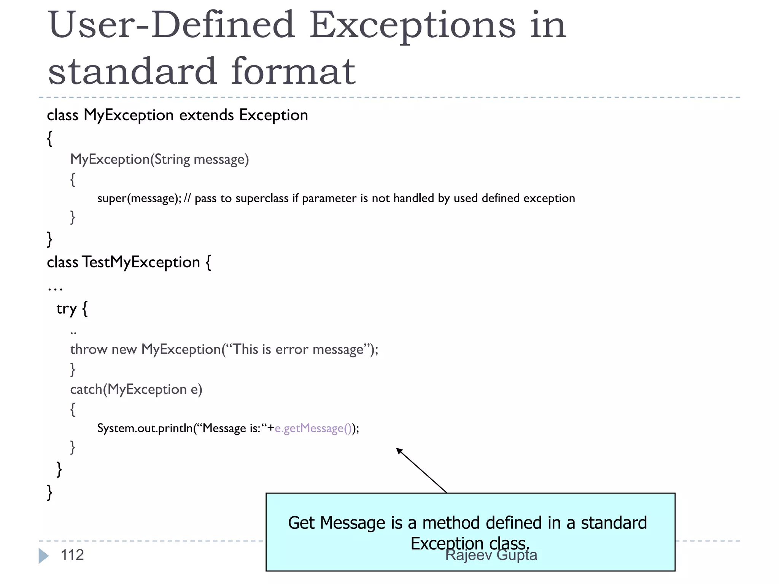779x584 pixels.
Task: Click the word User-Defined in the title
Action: coord(172,25)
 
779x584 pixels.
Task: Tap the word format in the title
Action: coord(293,71)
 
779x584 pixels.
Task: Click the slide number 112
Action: coord(72,555)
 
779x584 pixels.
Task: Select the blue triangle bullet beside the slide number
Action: coord(43,556)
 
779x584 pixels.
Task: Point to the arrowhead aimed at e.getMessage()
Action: coord(399,450)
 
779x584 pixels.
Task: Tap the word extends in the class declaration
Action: coord(207,115)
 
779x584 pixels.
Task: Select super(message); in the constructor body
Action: coord(139,198)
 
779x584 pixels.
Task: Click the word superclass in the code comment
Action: coord(262,198)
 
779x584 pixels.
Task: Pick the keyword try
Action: coord(67,308)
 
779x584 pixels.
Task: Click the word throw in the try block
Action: coord(89,349)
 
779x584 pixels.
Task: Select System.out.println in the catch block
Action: coord(145,428)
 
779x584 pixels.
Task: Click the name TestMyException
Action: coord(141,262)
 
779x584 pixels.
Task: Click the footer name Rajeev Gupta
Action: coord(491,555)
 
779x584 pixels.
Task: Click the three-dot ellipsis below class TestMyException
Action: coord(55,289)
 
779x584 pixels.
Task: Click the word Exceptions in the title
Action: coord(412,25)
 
